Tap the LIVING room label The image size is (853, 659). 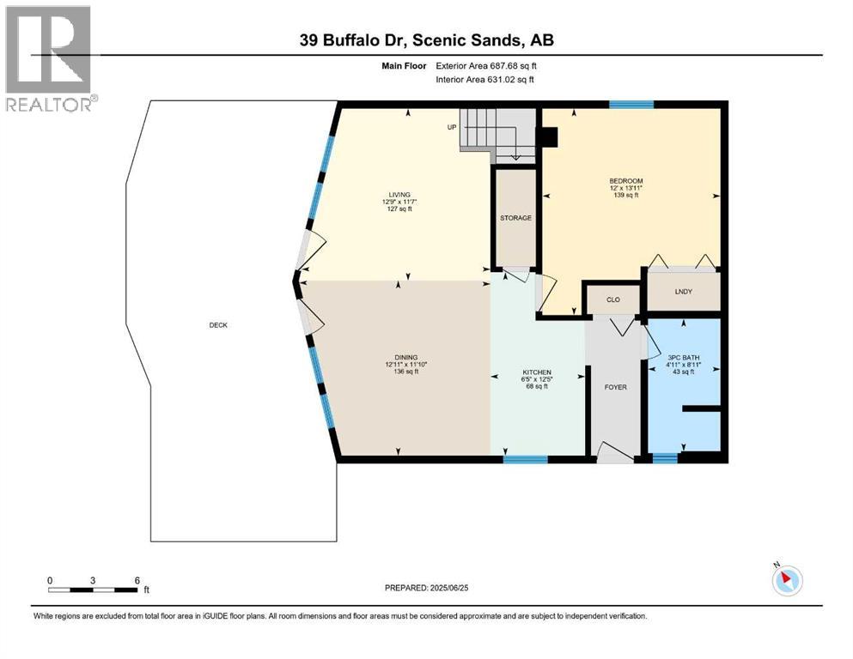(x=397, y=195)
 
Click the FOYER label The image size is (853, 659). (x=615, y=387)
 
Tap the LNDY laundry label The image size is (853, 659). (x=683, y=292)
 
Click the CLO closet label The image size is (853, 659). (x=613, y=299)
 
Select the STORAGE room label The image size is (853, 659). (x=515, y=218)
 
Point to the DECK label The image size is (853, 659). (x=218, y=324)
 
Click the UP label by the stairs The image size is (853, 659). (x=450, y=127)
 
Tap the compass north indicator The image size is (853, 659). (x=785, y=580)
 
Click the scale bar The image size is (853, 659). (x=94, y=589)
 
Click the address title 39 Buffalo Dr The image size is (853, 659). (x=425, y=40)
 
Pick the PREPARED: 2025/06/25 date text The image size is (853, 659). (x=426, y=588)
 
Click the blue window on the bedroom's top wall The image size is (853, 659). (x=631, y=105)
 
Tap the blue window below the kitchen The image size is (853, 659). (x=525, y=460)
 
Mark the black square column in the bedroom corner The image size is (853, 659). (x=547, y=138)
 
